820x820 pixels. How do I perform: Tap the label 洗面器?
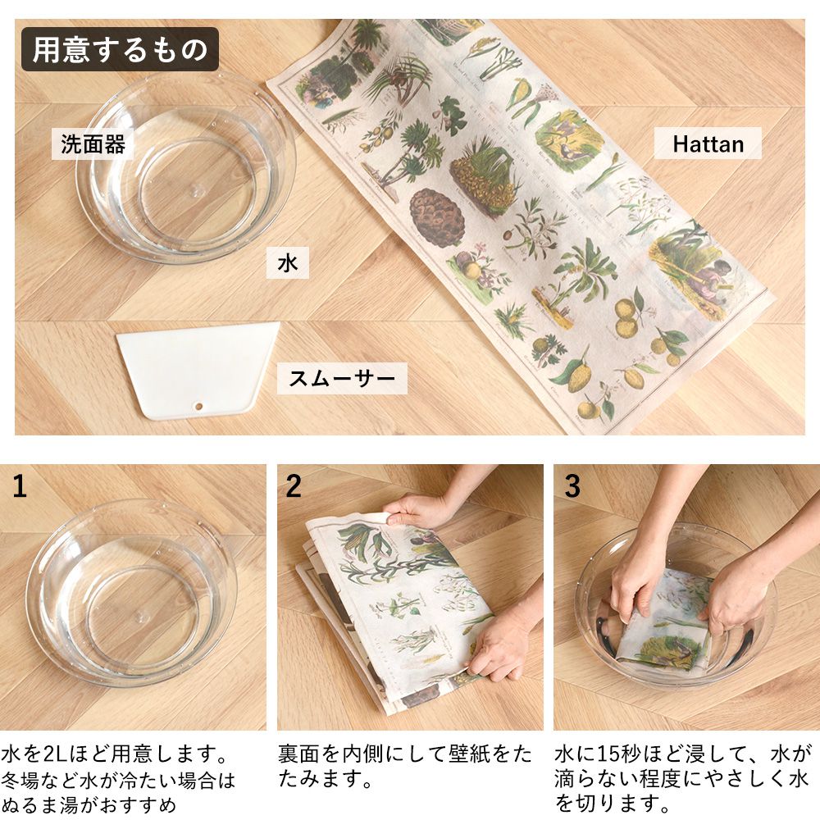[93, 144]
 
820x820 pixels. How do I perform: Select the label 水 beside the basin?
[287, 263]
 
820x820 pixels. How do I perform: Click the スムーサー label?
[341, 378]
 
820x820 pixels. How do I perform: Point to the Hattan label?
[708, 144]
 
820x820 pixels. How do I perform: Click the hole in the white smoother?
[198, 406]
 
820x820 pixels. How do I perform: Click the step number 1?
[20, 487]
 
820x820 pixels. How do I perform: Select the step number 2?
[294, 487]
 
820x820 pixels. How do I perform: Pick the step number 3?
[572, 487]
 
